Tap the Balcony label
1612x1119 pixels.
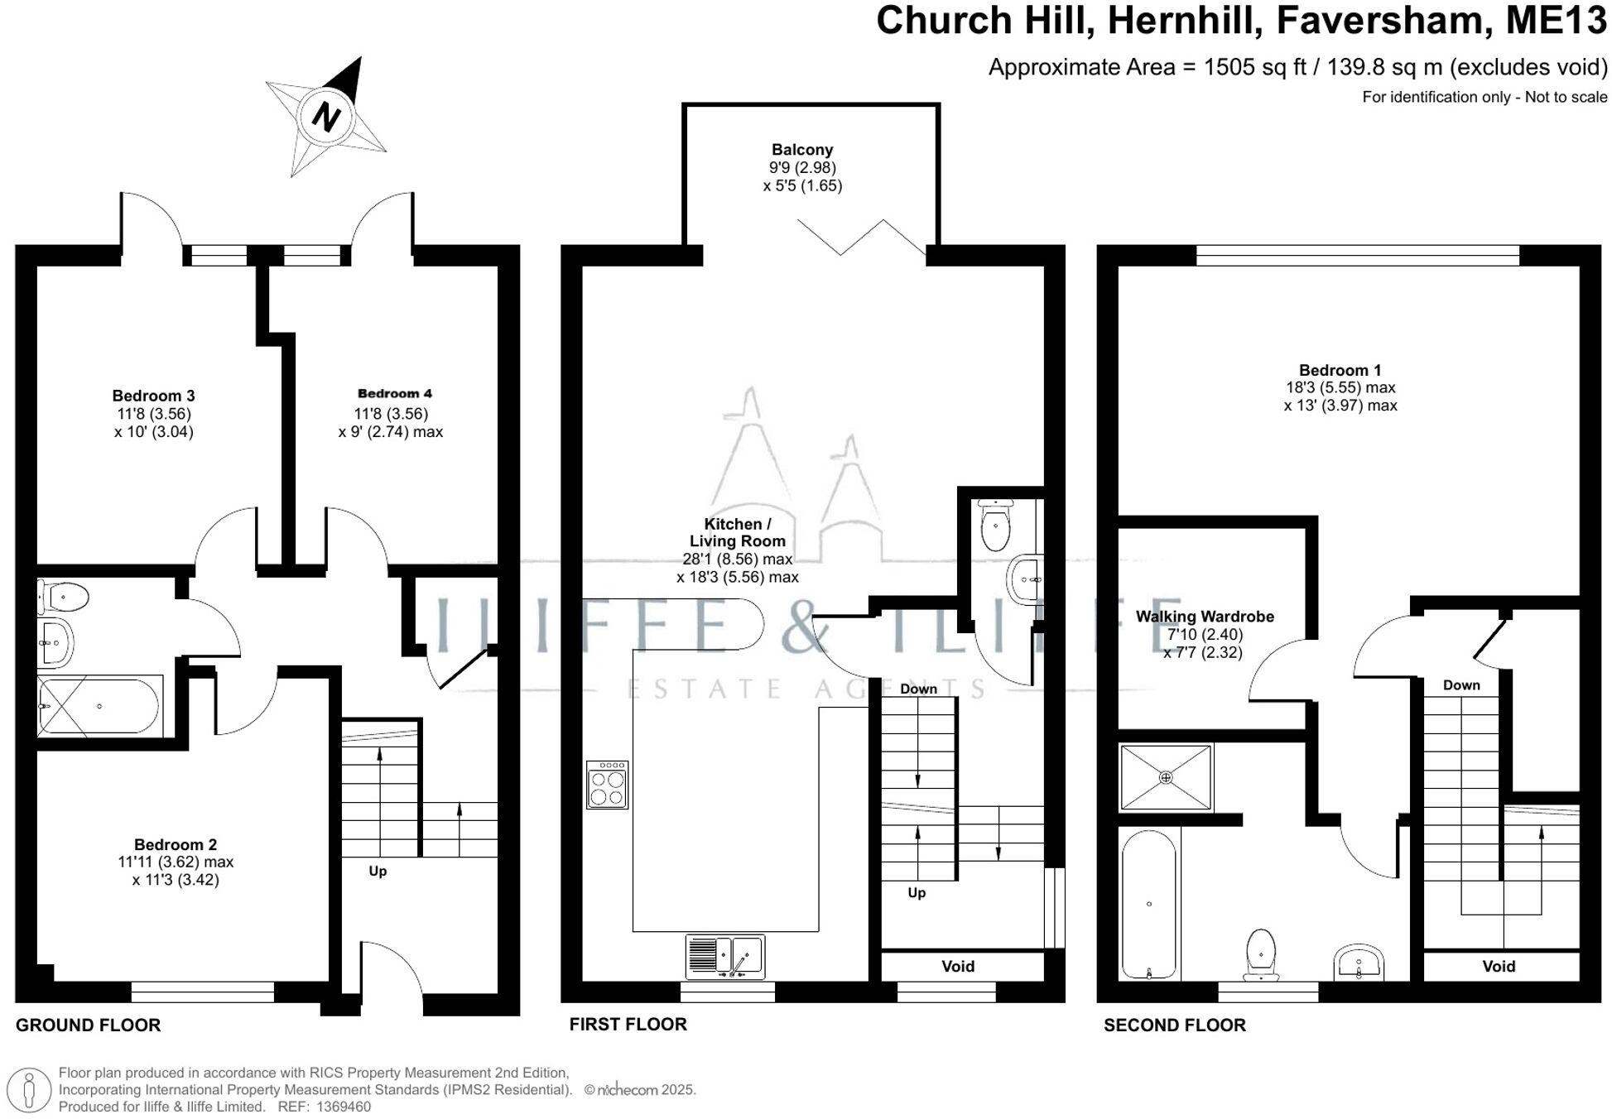coord(801,150)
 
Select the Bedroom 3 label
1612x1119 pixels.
coord(153,396)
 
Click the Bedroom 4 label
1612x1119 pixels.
coord(394,393)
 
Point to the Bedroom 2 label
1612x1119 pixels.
coord(176,844)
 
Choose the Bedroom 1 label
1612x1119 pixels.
coord(1339,370)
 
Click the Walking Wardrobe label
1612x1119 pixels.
coord(1204,617)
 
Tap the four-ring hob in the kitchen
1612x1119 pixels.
coord(607,785)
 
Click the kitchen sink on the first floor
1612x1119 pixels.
coord(726,956)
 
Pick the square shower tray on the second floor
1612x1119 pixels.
coord(1165,777)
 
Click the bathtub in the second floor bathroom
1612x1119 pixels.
coord(1148,904)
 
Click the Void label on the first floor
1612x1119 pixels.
coord(957,966)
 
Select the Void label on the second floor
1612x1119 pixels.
coord(1498,966)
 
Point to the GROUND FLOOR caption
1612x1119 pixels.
coord(88,1025)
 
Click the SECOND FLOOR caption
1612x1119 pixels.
coord(1174,1025)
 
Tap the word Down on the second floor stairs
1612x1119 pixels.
coord(1460,685)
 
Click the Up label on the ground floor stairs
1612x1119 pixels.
coord(378,871)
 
